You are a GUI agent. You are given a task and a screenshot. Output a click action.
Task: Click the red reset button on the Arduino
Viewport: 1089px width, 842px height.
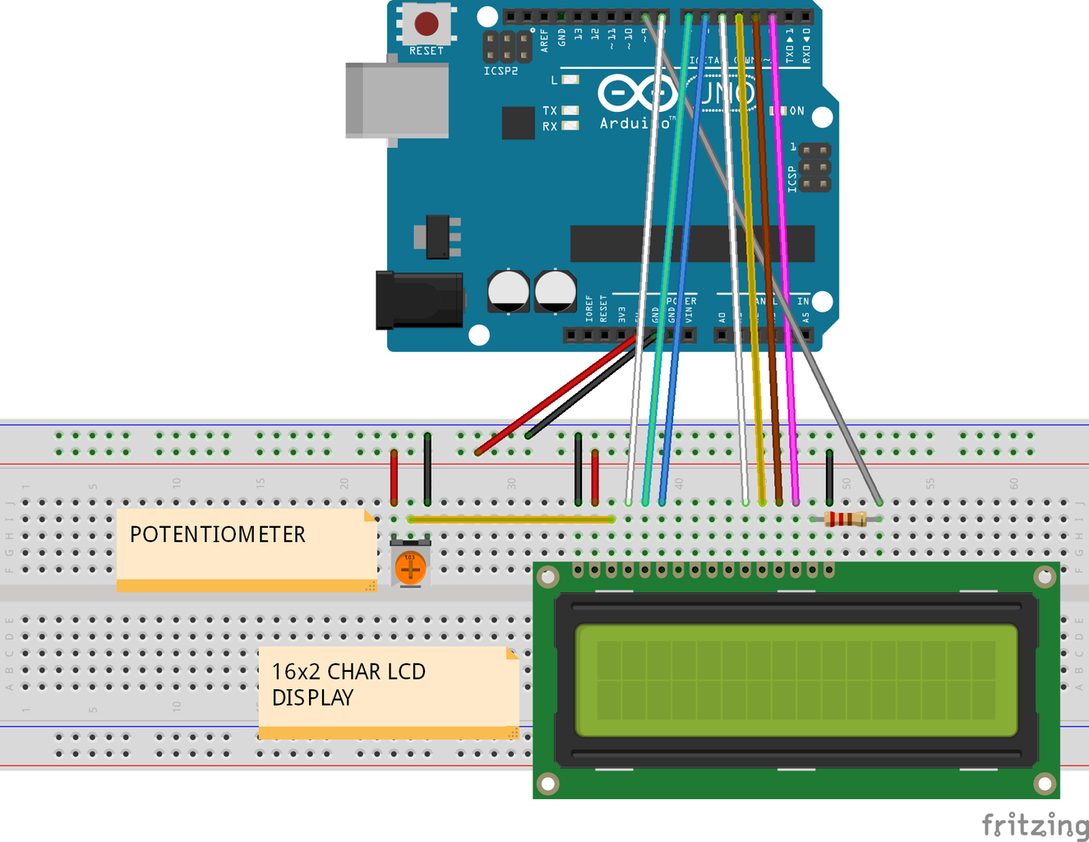[x=426, y=24]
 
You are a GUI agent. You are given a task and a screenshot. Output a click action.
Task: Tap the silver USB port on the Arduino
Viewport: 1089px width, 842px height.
[x=398, y=100]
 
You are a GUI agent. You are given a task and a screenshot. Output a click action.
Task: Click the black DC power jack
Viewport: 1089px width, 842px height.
[x=419, y=300]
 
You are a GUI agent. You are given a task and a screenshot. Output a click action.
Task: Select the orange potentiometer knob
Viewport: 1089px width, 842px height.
[x=410, y=567]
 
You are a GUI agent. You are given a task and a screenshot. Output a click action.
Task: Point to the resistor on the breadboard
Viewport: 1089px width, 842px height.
[x=844, y=519]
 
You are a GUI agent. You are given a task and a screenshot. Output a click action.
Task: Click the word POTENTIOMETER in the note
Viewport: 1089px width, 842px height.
[x=217, y=534]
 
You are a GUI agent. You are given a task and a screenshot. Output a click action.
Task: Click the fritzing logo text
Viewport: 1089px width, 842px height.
[x=1034, y=824]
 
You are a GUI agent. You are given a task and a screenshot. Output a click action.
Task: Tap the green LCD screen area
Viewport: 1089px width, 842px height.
[x=796, y=680]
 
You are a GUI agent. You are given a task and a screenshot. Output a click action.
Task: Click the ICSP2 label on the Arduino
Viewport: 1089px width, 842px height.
[x=501, y=72]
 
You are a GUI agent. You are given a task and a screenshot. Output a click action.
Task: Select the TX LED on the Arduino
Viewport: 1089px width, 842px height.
[x=570, y=110]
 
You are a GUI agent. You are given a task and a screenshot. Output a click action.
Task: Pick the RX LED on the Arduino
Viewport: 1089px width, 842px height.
[x=570, y=126]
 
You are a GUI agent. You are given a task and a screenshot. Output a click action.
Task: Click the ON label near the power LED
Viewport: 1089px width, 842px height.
[x=796, y=111]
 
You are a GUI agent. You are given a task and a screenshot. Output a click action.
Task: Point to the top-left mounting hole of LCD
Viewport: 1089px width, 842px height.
[x=547, y=577]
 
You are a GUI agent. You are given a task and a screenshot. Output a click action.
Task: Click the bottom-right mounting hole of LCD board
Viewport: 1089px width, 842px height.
[x=1044, y=784]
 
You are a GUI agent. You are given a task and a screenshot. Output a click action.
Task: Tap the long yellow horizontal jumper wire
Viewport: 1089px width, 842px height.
[x=510, y=519]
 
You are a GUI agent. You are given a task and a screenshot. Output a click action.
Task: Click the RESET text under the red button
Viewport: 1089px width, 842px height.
[x=426, y=51]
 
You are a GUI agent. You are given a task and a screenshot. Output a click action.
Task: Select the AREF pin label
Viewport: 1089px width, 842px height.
[x=544, y=40]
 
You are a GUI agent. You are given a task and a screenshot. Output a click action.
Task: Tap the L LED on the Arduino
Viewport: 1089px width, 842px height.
[x=570, y=80]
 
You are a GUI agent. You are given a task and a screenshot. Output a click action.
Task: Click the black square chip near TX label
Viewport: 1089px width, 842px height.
[x=518, y=123]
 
